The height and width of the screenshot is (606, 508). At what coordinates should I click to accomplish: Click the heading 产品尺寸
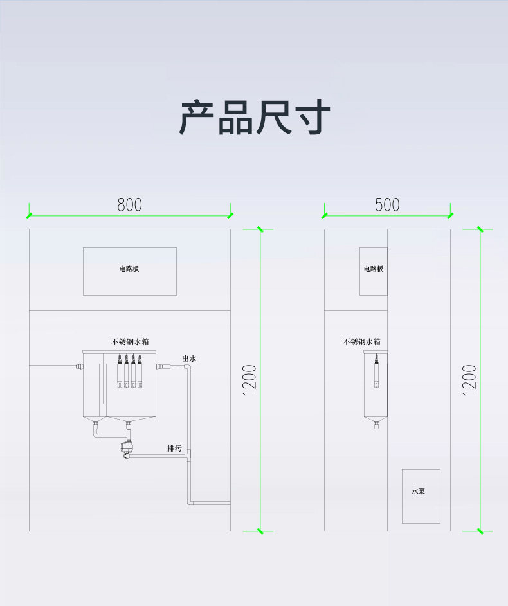tap(254, 118)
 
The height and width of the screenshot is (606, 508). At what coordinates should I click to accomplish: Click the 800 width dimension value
tap(129, 205)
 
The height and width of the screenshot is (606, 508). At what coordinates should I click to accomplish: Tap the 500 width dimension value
tap(387, 205)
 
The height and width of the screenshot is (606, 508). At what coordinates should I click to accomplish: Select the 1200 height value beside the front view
tap(250, 380)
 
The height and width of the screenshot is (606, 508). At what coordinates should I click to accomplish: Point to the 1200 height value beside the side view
tap(470, 380)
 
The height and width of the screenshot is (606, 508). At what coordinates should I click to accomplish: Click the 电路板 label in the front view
tap(129, 269)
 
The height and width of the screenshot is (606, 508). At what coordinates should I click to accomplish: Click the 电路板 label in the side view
tap(374, 269)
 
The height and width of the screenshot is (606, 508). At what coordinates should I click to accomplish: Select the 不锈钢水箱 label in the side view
tap(361, 342)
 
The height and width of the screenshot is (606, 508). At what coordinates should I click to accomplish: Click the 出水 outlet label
tap(189, 359)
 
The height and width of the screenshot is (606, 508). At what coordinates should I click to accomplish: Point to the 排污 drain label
tap(174, 448)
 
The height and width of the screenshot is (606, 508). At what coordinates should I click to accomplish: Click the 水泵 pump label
tap(418, 492)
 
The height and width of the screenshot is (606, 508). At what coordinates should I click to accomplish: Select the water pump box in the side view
tap(421, 495)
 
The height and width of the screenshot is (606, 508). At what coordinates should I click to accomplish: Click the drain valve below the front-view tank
tap(125, 447)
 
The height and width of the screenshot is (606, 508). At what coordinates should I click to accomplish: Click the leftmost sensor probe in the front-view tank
tap(120, 371)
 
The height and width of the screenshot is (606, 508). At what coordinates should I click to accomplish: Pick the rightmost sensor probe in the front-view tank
tap(140, 371)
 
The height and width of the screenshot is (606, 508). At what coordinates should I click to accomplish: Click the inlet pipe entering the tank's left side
tap(55, 366)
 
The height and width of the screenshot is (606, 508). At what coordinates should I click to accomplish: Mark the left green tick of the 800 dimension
tap(29, 215)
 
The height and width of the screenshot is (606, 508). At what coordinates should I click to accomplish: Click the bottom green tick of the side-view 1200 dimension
tap(480, 531)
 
